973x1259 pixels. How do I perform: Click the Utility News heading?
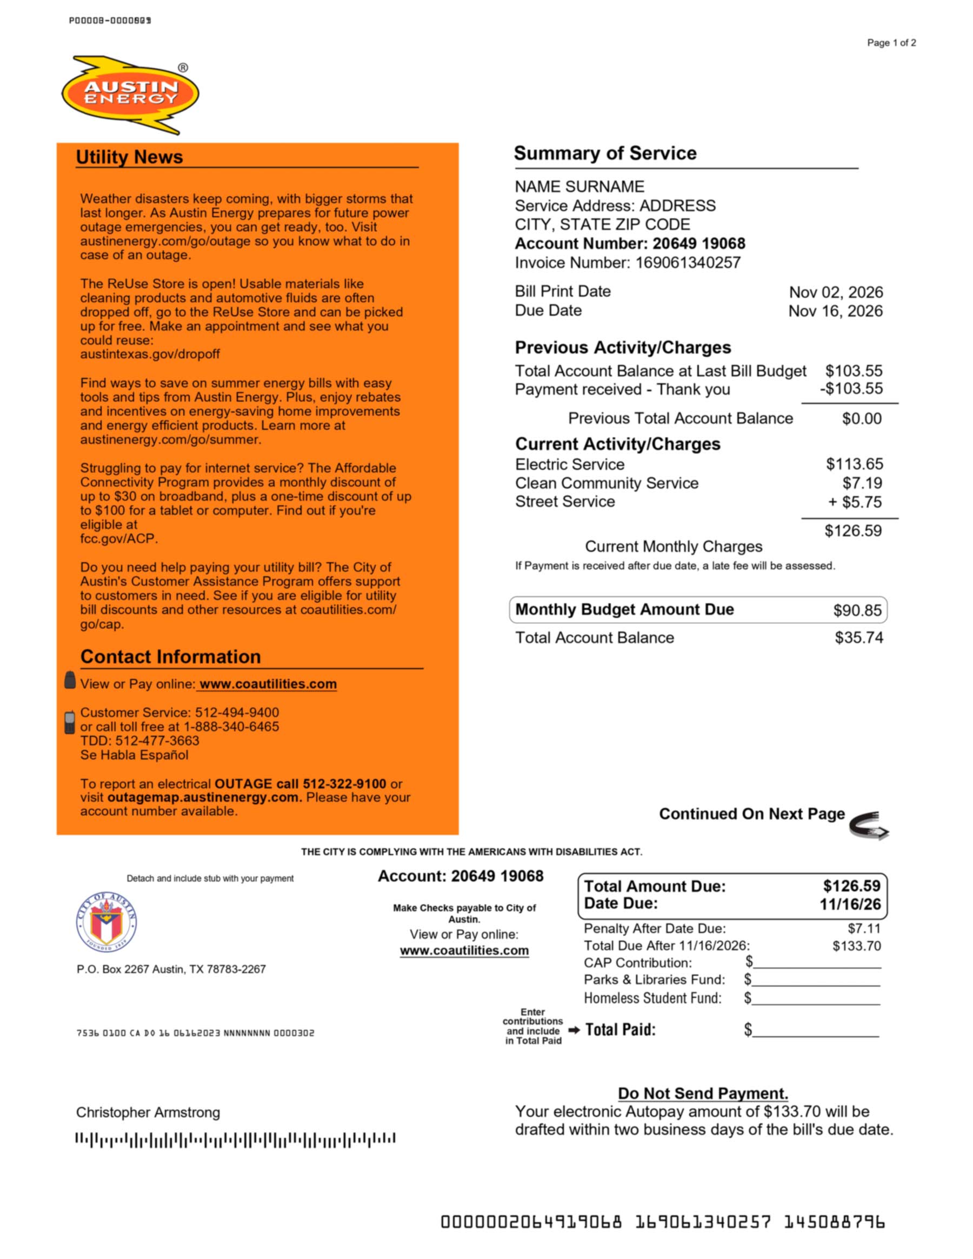tap(129, 157)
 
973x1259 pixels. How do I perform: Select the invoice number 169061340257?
tap(688, 263)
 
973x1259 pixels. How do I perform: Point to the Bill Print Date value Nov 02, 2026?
tap(835, 292)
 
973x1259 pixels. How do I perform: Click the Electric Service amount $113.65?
tap(854, 464)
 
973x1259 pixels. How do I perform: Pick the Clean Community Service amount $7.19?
tap(862, 483)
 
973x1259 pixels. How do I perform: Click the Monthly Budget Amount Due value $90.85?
tap(857, 610)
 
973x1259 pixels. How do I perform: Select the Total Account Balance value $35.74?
tap(858, 637)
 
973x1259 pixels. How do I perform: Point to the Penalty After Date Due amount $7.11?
tap(863, 928)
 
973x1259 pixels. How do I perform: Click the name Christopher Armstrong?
tap(148, 1113)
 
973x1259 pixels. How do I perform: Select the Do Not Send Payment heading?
tap(703, 1093)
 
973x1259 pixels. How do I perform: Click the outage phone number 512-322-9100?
tap(344, 784)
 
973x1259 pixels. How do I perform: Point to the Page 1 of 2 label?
tap(891, 43)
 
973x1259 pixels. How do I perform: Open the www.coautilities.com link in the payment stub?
tap(464, 950)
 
